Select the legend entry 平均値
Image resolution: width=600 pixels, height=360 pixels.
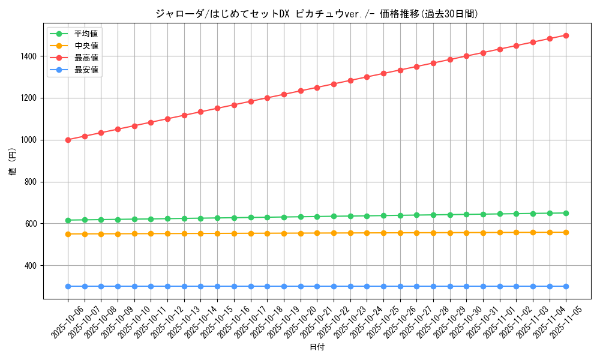[x=86, y=34]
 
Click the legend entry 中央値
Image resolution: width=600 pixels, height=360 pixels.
[x=86, y=46]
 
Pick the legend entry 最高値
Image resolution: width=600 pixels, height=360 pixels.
[x=86, y=58]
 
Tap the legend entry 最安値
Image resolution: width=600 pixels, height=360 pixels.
[x=86, y=70]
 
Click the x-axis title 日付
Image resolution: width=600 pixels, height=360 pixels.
[x=317, y=347]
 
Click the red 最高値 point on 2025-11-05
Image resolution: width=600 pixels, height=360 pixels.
[x=566, y=35]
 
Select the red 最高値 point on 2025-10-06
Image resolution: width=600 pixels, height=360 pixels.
[x=68, y=140]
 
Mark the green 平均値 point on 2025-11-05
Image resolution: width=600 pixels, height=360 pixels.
[x=566, y=213]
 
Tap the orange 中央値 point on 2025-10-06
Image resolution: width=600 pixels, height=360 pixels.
[x=68, y=234]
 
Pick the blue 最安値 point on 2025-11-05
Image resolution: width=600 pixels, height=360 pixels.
[x=566, y=286]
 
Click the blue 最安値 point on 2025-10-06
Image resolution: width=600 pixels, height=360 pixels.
[x=68, y=286]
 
